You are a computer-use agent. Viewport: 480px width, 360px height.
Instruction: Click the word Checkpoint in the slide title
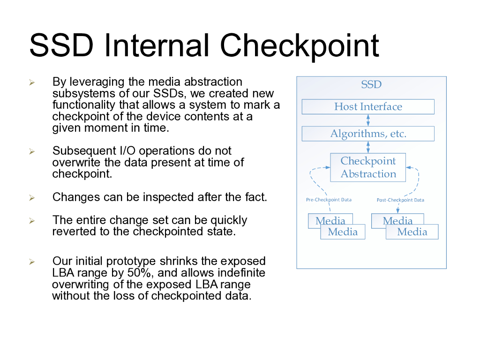tap(300, 45)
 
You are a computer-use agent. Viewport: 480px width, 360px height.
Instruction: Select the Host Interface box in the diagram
tap(368, 107)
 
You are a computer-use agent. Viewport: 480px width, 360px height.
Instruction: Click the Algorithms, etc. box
tap(368, 134)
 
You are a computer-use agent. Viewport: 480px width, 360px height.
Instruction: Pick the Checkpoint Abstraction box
tap(368, 167)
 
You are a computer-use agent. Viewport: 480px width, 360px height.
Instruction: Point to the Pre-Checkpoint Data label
tap(329, 200)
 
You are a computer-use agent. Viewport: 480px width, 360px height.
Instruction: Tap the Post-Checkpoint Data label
tap(400, 200)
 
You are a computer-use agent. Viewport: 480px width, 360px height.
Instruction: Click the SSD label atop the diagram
tap(371, 85)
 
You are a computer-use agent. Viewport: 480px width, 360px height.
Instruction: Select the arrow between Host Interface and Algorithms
tap(368, 120)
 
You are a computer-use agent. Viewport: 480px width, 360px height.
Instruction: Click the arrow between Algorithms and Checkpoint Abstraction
tap(368, 147)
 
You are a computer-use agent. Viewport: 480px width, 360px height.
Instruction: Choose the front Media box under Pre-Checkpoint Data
tap(343, 232)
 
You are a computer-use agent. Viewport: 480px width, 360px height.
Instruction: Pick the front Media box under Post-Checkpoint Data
tap(412, 232)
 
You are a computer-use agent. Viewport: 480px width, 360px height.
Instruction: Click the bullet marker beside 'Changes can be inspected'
tap(32, 197)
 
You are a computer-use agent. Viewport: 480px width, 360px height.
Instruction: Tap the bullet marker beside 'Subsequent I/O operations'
tap(32, 151)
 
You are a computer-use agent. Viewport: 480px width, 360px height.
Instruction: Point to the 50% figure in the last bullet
tap(139, 273)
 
